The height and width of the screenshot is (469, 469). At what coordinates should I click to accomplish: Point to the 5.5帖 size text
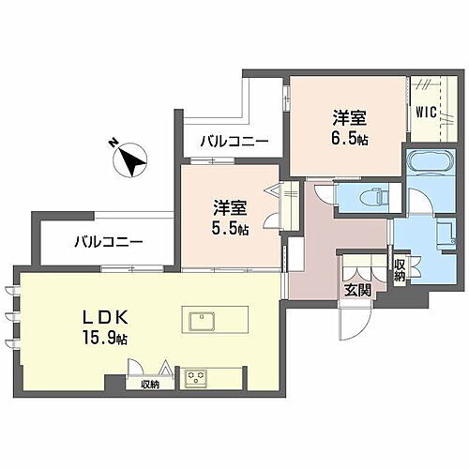[x=230, y=228]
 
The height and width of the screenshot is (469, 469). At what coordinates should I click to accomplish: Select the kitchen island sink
[x=203, y=322]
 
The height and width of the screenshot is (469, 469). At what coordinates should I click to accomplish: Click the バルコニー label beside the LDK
[x=110, y=242]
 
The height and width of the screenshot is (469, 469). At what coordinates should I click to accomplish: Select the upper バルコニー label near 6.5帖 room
[x=234, y=141]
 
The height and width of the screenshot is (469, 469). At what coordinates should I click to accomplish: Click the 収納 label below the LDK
[x=151, y=384]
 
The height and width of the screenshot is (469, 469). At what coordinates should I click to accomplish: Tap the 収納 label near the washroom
[x=399, y=269]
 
